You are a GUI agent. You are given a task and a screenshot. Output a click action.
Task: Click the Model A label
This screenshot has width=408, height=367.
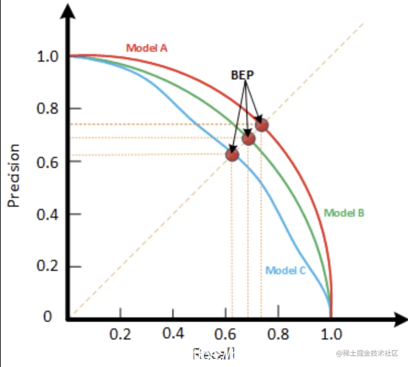click(147, 48)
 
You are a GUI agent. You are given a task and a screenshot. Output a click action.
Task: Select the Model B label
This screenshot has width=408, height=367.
click(344, 213)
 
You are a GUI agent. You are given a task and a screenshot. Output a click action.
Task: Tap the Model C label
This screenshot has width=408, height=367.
click(286, 270)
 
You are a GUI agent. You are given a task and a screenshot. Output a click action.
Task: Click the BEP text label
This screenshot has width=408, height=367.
click(243, 75)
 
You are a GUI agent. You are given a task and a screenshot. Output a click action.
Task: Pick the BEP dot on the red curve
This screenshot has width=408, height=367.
click(262, 125)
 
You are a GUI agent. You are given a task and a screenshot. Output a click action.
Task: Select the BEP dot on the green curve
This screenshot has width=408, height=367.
click(249, 138)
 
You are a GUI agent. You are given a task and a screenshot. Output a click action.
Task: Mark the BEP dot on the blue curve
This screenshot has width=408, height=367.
click(232, 155)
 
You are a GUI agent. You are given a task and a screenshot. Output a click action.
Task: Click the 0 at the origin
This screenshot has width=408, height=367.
click(47, 317)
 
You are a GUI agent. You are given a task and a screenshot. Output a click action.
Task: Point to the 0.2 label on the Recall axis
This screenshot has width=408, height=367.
click(121, 334)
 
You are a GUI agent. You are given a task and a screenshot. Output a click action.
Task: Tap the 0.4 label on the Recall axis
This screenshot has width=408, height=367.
click(173, 333)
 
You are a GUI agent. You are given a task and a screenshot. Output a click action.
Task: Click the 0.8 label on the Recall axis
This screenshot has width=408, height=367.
click(278, 334)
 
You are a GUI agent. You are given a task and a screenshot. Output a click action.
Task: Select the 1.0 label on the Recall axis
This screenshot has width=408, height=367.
click(331, 334)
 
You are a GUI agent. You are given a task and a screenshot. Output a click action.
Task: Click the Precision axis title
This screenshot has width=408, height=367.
click(14, 175)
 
